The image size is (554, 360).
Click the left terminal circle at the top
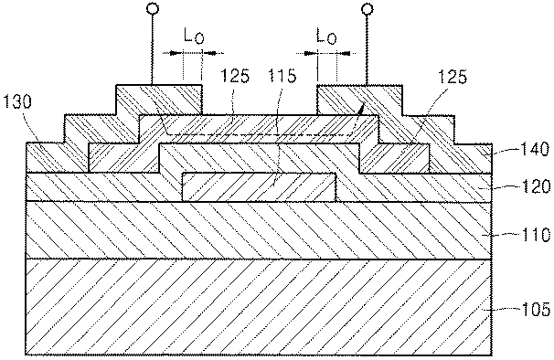coord(153,9)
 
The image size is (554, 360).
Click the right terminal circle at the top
coord(368,9)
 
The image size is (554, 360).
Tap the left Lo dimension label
coord(194,36)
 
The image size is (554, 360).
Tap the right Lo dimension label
coord(326,36)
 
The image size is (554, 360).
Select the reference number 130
coord(17,101)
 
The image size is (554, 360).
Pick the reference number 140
coord(535,150)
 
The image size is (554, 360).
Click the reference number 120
coord(536,186)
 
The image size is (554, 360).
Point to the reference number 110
coord(536,234)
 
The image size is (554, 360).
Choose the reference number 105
coord(536,310)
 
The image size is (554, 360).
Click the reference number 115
coord(282,76)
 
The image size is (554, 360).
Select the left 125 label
coord(235,76)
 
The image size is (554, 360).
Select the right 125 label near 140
coord(453,77)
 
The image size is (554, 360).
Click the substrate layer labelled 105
coord(259,307)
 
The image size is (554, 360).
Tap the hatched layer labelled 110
coord(259,230)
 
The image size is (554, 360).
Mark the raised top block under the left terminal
coord(159,100)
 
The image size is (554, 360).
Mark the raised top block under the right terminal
coord(359,100)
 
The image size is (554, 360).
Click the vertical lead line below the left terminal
coord(153,49)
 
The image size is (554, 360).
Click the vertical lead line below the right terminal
coord(368,49)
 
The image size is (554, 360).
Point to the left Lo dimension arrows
coord(193,53)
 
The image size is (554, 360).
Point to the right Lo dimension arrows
coord(325,53)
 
